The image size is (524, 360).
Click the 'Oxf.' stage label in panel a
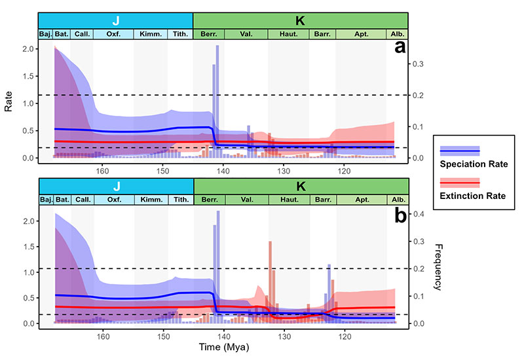(x=113, y=34)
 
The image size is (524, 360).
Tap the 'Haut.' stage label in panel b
(x=289, y=200)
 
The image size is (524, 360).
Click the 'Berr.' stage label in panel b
(x=210, y=200)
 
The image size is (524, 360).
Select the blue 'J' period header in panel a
(x=115, y=20)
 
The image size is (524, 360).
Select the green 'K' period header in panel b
(x=301, y=186)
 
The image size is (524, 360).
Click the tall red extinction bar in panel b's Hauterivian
(x=270, y=281)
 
